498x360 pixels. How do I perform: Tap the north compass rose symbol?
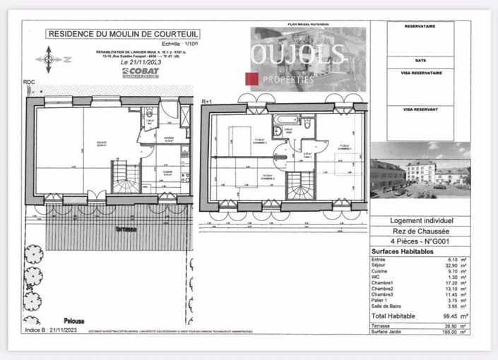[x=49, y=59]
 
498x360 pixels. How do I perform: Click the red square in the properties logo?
[x=250, y=78]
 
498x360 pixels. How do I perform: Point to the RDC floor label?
[x=29, y=83]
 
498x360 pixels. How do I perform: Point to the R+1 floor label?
[x=207, y=102]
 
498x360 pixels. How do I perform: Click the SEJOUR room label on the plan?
[x=82, y=145]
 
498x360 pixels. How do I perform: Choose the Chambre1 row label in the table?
[x=383, y=283]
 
